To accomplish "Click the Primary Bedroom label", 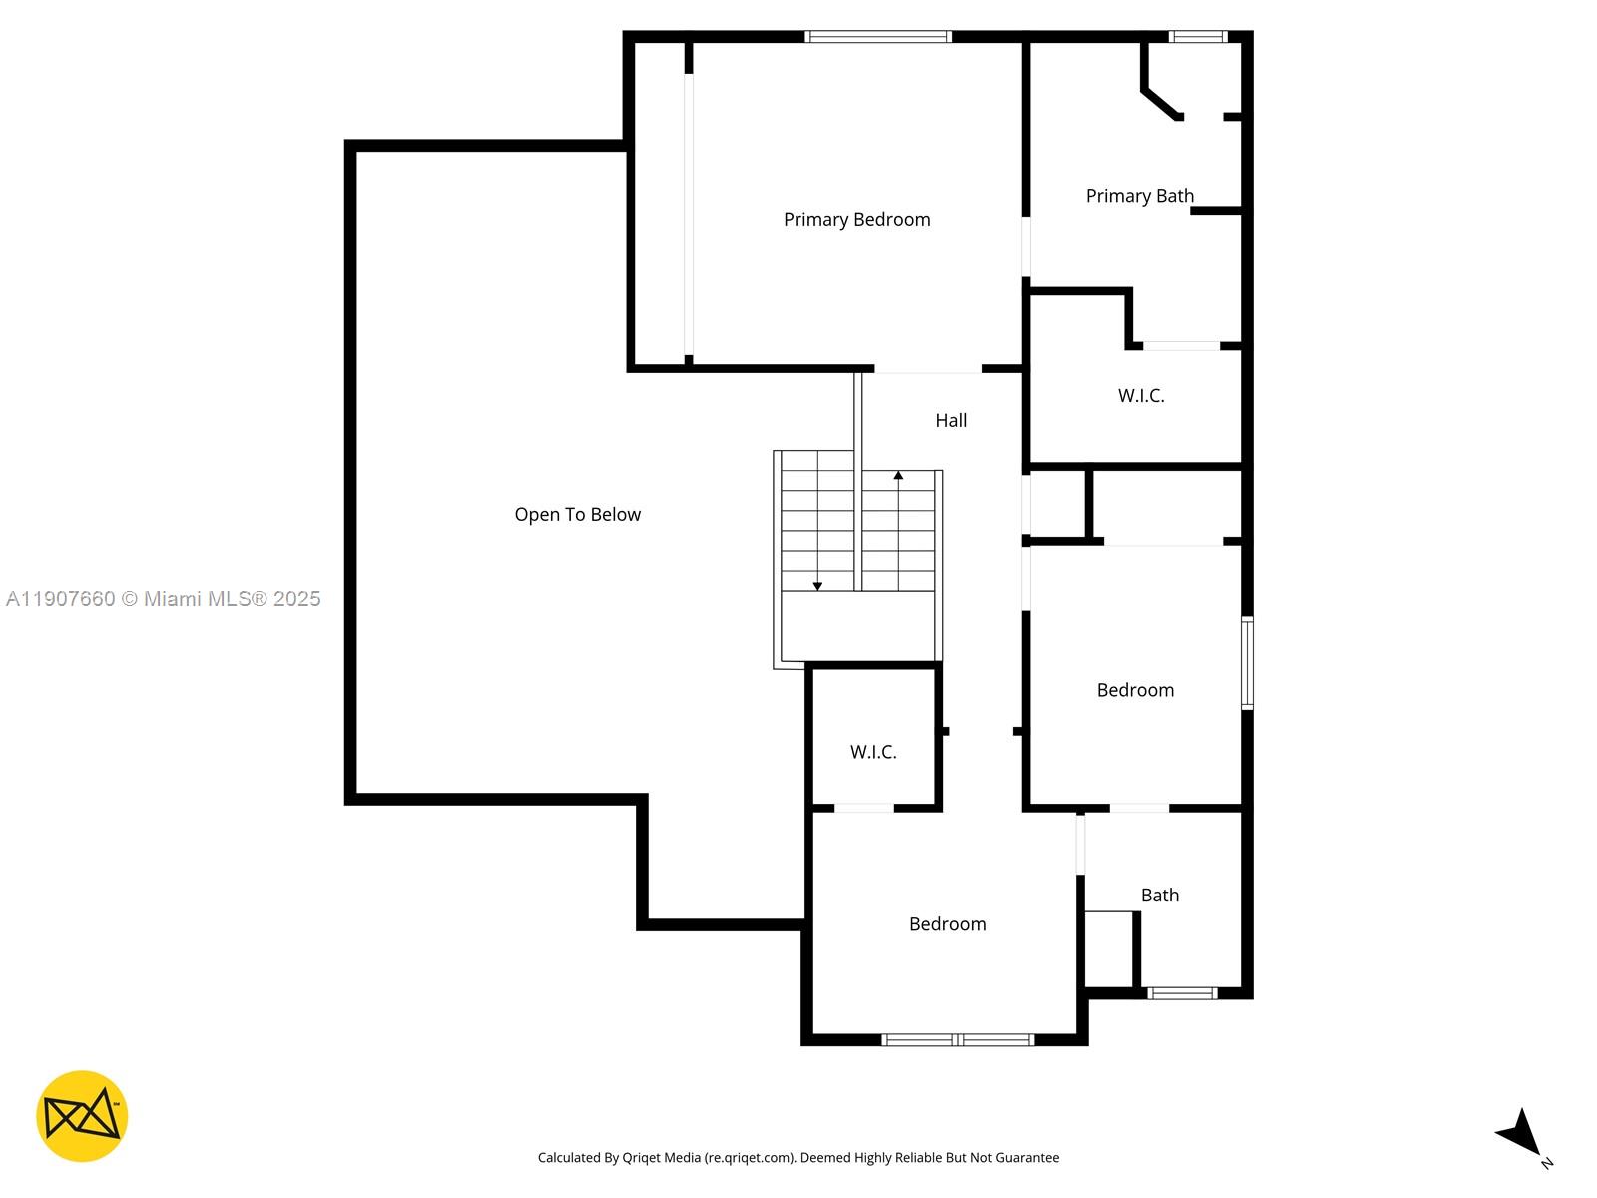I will [x=856, y=220].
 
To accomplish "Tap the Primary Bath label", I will [x=1139, y=196].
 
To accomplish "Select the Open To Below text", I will [x=577, y=515].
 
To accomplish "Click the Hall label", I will [x=951, y=421].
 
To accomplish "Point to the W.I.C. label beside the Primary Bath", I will [x=1140, y=396].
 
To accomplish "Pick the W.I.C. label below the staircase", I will [x=873, y=753].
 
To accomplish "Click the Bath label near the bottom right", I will [x=1159, y=896].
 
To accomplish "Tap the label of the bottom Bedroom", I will [x=947, y=924].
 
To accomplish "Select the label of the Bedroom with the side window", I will [x=1135, y=690].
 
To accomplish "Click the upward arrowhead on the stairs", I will [x=898, y=476].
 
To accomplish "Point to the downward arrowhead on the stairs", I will [x=817, y=586].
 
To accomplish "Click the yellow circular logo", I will [x=82, y=1116].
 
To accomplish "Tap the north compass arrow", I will [x=1521, y=1133].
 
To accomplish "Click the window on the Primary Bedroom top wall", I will [x=878, y=37].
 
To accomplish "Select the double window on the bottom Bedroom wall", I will [x=958, y=1040].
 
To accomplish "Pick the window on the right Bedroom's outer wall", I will [x=1247, y=663].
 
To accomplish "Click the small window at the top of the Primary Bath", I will [x=1197, y=37].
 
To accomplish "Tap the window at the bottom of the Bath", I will [x=1181, y=993].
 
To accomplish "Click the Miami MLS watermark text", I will [x=164, y=599].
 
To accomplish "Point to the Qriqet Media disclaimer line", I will [x=798, y=1158].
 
